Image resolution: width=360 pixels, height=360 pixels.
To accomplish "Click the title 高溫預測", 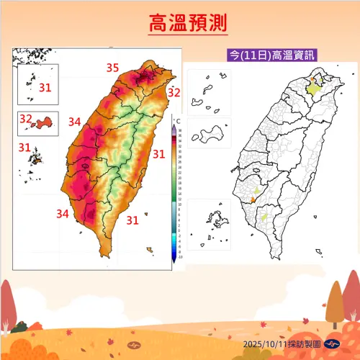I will tap(188, 24).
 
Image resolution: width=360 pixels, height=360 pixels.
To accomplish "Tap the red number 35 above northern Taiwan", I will tap(112, 68).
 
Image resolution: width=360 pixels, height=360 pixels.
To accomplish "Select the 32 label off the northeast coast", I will tap(174, 92).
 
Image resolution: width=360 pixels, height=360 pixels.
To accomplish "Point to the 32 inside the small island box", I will tap(26, 118).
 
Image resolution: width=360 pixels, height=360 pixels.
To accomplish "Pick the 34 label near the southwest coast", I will tap(63, 213).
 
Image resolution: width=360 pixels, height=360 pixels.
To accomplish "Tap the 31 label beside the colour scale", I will tap(159, 153).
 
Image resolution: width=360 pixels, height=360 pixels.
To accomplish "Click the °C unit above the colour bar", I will tap(177, 120).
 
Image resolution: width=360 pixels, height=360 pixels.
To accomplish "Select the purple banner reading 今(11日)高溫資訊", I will tap(271, 55).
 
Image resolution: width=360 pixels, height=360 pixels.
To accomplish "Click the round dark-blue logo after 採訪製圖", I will tap(332, 343).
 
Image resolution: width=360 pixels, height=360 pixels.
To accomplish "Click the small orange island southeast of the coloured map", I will tap(149, 250).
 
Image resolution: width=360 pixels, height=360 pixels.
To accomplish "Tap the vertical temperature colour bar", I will tap(175, 192).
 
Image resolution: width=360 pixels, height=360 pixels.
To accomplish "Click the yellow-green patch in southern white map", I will tap(264, 216).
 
